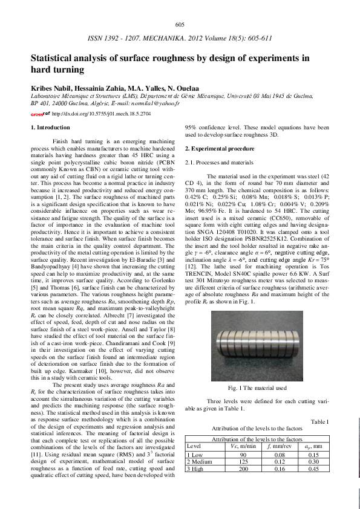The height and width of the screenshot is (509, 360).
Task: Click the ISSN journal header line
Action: tap(180, 37)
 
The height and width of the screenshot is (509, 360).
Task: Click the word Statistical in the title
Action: tap(54, 59)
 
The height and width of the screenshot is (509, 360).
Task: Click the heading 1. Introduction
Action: tap(50, 128)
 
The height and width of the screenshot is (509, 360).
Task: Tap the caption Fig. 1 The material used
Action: tap(257, 370)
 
